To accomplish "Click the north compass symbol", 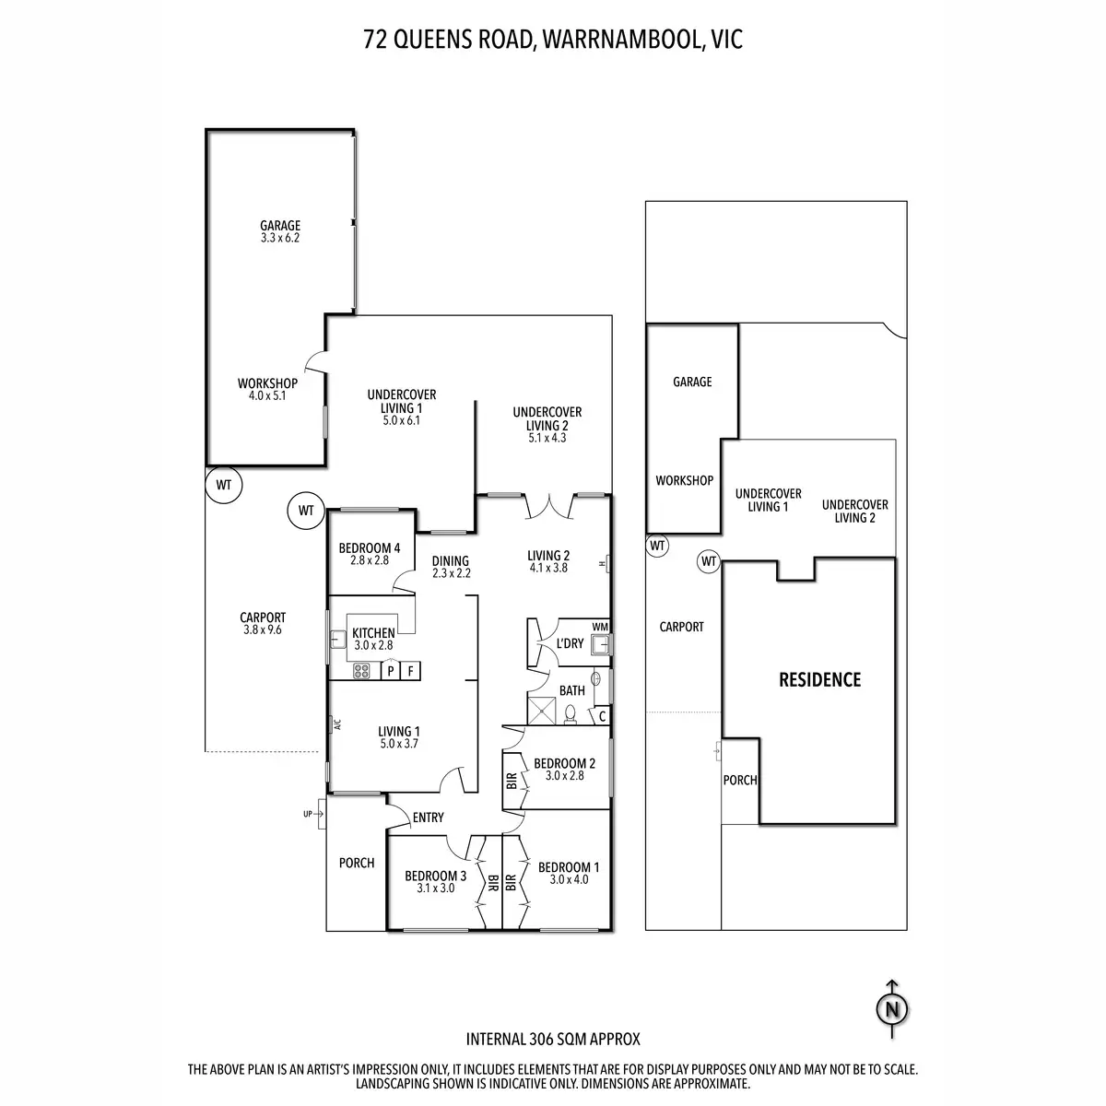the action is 891,1010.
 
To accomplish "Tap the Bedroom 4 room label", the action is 370,547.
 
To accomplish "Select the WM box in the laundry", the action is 600,628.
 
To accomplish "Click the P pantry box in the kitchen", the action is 391,670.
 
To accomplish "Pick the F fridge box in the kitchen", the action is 411,670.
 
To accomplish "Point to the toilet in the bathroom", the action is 571,712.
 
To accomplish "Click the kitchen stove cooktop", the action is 362,671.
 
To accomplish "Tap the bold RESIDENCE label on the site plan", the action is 819,680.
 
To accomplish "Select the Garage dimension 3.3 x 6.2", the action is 280,238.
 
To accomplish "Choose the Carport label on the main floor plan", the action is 263,618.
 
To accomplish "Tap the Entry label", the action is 429,818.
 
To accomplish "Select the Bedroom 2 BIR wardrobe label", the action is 512,779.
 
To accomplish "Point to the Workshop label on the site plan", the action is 684,480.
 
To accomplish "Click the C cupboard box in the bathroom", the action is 602,715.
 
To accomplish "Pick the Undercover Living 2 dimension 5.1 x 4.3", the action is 547,439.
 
